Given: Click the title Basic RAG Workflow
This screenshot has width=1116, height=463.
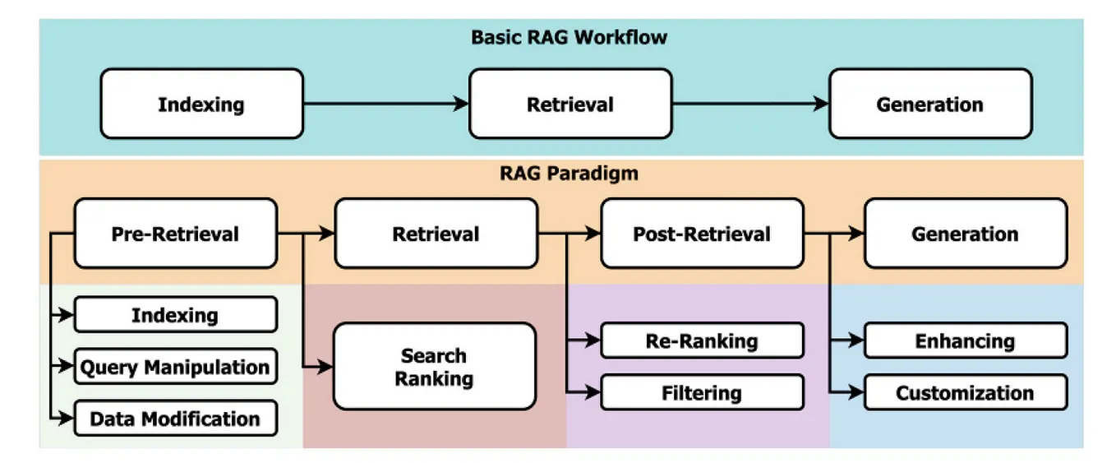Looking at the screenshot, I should (x=569, y=38).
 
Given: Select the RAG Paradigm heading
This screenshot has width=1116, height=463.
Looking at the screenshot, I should (x=569, y=174).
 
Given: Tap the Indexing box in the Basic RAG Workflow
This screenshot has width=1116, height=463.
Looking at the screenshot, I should (x=201, y=104).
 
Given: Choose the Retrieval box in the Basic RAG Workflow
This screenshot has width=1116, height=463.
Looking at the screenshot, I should (x=570, y=104).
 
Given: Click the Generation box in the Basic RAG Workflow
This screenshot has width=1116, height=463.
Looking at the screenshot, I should (x=929, y=104).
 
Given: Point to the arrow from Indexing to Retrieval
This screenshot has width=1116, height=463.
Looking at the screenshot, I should (x=386, y=104).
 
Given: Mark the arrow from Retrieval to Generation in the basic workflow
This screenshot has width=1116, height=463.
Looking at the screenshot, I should (x=749, y=104).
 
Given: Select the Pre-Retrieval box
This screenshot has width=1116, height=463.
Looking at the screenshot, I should (x=175, y=234).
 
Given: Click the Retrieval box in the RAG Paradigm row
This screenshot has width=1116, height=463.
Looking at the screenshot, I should (x=436, y=234).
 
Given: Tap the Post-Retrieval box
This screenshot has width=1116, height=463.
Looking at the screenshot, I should (x=702, y=234).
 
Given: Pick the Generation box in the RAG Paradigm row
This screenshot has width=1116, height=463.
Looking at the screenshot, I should (x=965, y=234).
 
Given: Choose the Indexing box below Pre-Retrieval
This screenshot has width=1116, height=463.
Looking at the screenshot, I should (x=175, y=315).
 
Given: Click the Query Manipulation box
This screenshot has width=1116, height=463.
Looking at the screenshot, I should (x=175, y=367).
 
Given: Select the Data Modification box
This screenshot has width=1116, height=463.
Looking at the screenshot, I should (x=175, y=419).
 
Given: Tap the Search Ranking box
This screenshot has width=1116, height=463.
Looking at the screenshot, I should (x=435, y=367).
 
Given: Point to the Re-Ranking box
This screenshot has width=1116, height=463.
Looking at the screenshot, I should (x=702, y=341).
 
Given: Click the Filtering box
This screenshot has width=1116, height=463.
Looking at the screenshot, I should (x=702, y=393).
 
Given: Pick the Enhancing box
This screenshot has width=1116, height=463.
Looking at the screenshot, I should (x=965, y=341).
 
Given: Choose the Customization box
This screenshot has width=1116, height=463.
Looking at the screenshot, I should (x=965, y=393).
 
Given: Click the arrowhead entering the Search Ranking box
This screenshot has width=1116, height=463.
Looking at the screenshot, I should (x=326, y=367).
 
